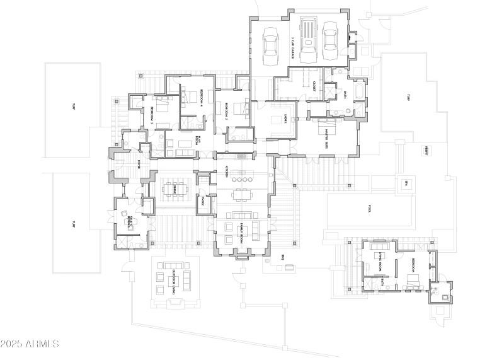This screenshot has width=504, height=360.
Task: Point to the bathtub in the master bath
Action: (357, 92)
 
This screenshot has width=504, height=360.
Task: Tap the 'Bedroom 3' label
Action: (152, 114)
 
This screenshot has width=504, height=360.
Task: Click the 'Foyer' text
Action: (139, 165)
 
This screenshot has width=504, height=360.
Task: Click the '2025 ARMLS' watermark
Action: (30, 344)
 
